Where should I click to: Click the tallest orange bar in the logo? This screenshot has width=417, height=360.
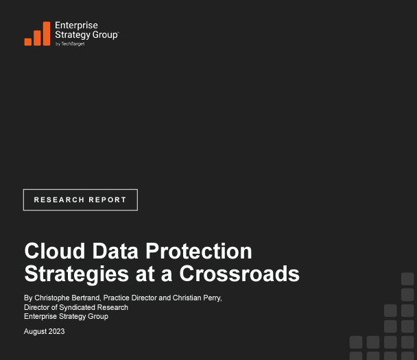click(47, 34)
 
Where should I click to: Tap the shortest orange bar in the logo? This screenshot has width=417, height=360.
click(28, 42)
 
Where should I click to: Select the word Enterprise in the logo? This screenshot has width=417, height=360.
click(76, 25)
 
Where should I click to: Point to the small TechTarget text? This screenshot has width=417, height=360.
click(73, 44)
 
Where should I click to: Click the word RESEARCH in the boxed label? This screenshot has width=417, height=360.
click(59, 200)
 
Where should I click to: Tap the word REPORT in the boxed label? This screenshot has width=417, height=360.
click(108, 200)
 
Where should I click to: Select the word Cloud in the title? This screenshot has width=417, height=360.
click(55, 251)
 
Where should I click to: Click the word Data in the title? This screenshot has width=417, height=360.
click(115, 251)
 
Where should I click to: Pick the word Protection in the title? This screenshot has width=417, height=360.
click(199, 251)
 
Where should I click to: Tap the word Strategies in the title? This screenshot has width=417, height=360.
click(77, 274)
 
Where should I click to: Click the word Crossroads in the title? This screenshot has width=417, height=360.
click(239, 274)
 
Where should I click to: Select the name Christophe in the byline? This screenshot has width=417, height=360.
click(50, 298)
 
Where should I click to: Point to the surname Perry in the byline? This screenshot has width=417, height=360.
click(213, 298)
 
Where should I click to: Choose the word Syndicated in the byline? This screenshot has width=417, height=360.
click(76, 308)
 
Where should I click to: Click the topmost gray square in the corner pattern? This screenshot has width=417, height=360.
click(407, 279)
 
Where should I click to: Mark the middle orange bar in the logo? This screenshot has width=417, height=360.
click(37, 38)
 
